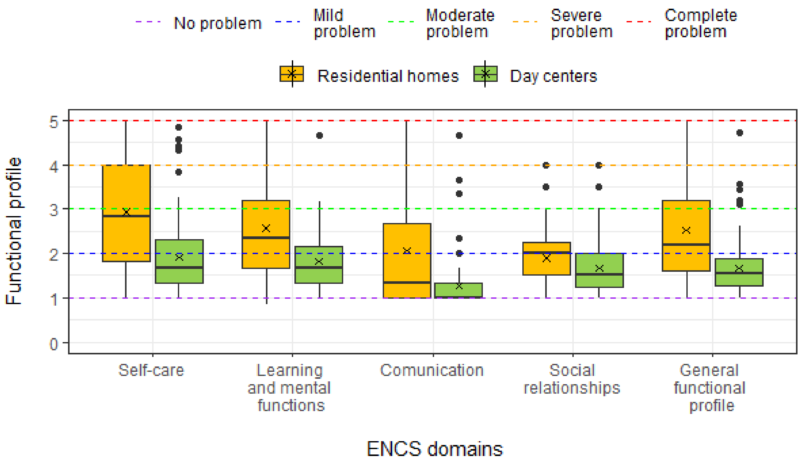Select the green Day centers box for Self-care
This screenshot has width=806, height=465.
179,275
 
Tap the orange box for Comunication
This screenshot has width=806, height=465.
407,265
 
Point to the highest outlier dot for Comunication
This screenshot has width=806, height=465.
459,135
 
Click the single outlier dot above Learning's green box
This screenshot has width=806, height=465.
320,135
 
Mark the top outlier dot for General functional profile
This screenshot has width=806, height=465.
740,133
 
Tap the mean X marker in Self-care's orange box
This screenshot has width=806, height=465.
127,212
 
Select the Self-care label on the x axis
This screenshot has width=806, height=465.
151,371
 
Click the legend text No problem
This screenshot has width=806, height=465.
218,23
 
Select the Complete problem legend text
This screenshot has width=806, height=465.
700,23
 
